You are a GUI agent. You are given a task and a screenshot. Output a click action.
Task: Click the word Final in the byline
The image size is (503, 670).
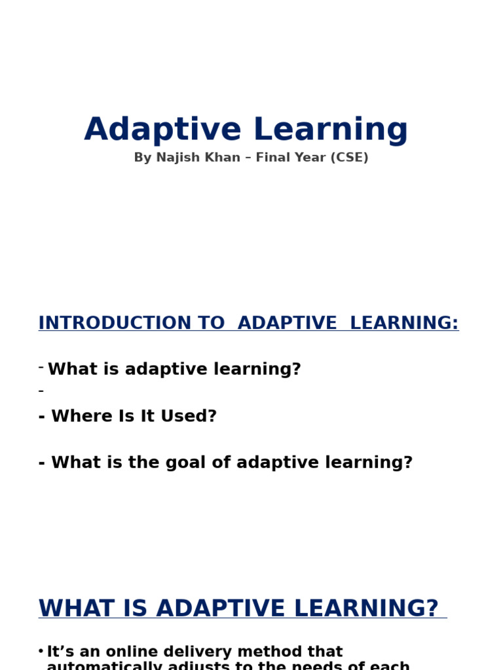(x=270, y=158)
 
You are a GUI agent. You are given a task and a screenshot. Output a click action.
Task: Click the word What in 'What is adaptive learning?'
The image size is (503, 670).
(x=67, y=370)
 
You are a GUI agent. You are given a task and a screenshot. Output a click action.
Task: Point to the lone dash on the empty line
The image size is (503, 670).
(x=41, y=391)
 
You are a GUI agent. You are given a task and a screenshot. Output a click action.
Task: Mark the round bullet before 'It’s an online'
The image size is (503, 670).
(x=41, y=651)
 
